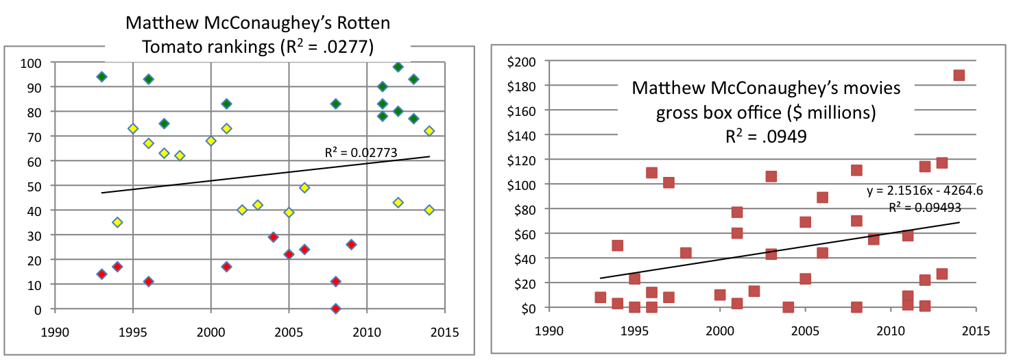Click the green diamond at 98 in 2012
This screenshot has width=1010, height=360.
click(x=398, y=67)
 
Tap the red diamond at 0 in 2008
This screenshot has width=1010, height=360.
click(x=335, y=309)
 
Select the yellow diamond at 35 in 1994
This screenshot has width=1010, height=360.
click(x=117, y=222)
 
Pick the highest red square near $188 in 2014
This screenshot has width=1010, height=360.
click(x=959, y=75)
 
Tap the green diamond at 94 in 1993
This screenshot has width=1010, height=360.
click(x=101, y=77)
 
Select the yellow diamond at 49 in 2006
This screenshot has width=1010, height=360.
click(x=304, y=188)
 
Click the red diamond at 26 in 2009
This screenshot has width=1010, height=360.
click(x=351, y=245)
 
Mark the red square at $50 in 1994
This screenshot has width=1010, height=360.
click(x=617, y=245)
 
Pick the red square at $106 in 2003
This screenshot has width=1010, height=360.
click(x=771, y=176)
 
